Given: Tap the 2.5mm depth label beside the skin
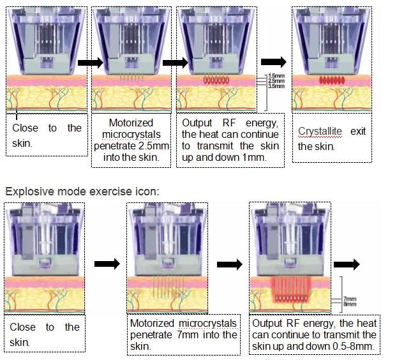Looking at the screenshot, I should click(276, 80).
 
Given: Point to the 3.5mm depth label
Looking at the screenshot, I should click(276, 86).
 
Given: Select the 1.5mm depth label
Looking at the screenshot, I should click(276, 75).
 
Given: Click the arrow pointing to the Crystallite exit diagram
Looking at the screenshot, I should click(274, 61).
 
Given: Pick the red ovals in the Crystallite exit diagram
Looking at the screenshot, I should click(331, 81).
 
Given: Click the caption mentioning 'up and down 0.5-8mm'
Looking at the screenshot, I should click(315, 334).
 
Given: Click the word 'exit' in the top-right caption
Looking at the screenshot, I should click(358, 131).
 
